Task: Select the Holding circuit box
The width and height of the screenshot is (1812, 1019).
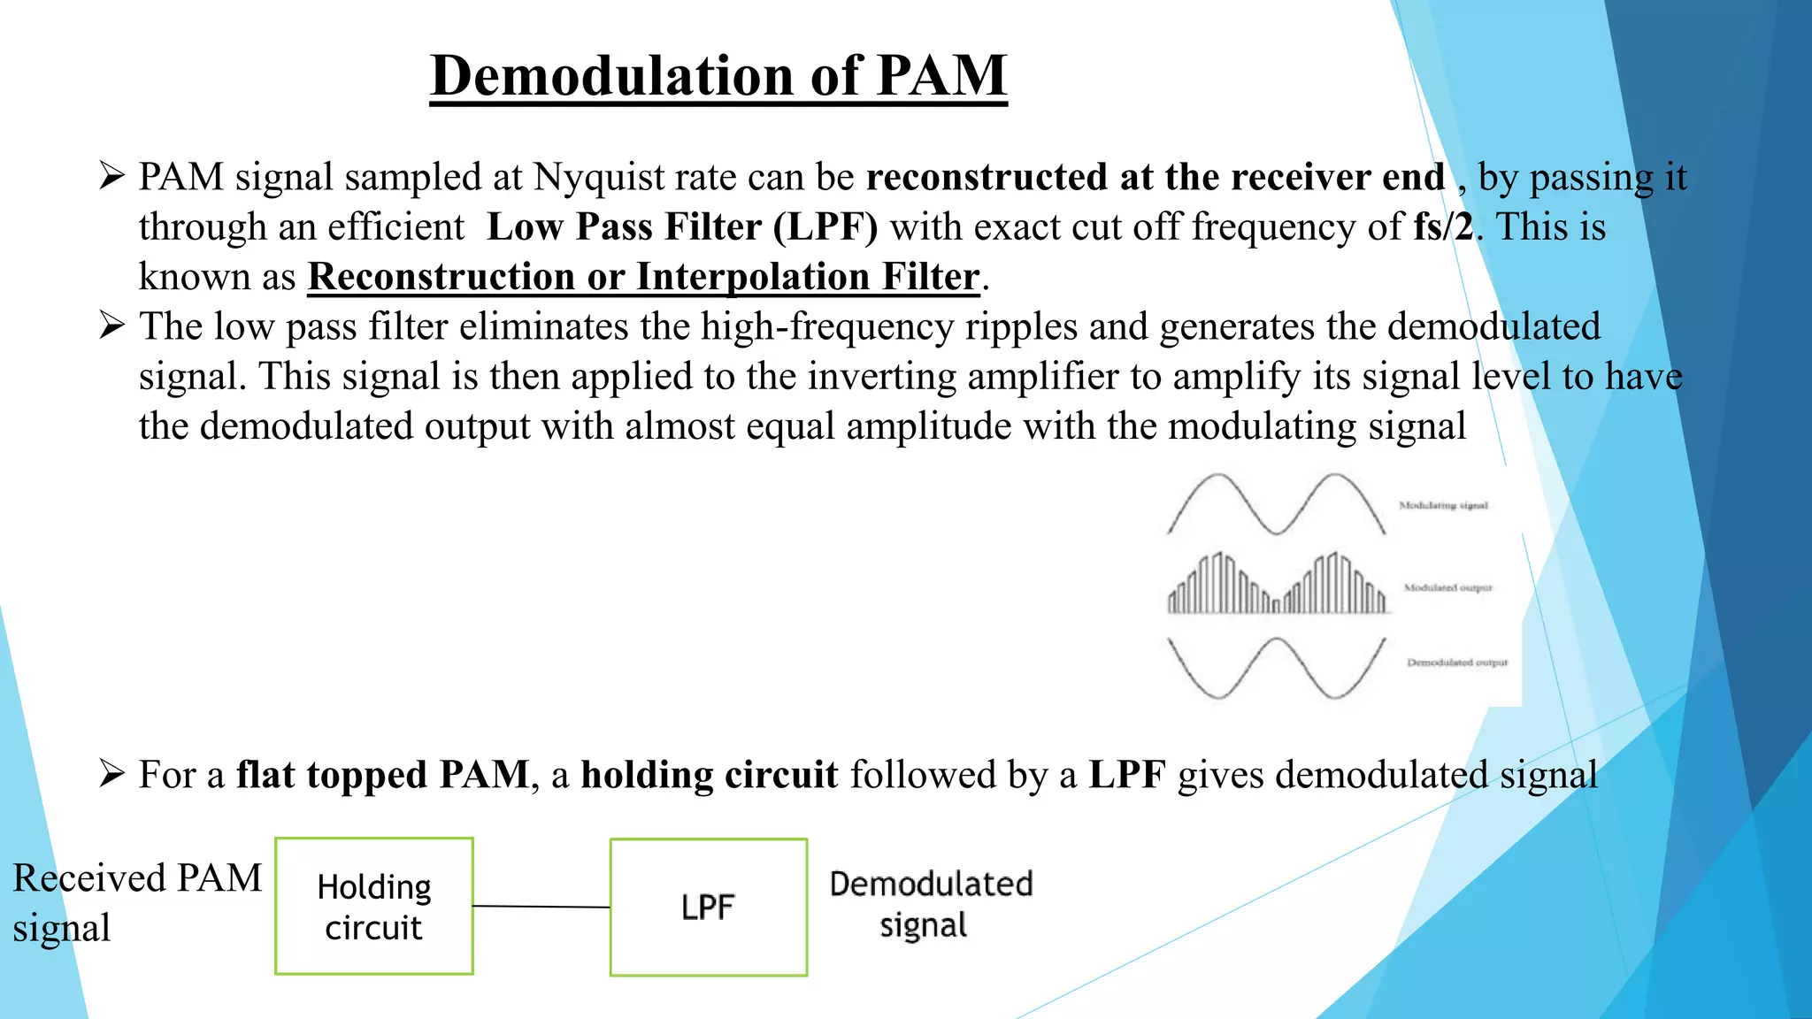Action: coord(374,907)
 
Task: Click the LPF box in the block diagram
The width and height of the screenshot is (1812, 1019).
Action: coord(709,908)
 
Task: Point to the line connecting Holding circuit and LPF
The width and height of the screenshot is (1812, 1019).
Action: coord(541,907)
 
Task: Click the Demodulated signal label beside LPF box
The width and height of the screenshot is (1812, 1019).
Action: coord(930,904)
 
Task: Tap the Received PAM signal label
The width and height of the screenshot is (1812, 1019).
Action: coord(137,902)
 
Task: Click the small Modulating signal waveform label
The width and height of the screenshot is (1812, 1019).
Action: coord(1443,506)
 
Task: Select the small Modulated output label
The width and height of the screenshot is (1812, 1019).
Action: coord(1447,587)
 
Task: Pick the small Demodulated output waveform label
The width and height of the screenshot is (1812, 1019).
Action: coord(1457,663)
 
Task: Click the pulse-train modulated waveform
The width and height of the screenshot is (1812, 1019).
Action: coord(1277,586)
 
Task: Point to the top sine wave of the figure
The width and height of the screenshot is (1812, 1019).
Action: coord(1277,504)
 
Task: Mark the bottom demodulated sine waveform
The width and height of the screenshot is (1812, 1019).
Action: coord(1277,668)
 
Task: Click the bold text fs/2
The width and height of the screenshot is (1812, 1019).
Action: coord(1443,227)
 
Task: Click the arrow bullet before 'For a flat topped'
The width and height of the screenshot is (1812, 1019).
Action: coord(111,775)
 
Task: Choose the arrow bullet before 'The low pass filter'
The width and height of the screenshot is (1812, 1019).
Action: coord(111,326)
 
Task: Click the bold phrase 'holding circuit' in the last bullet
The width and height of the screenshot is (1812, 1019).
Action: coord(709,775)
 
